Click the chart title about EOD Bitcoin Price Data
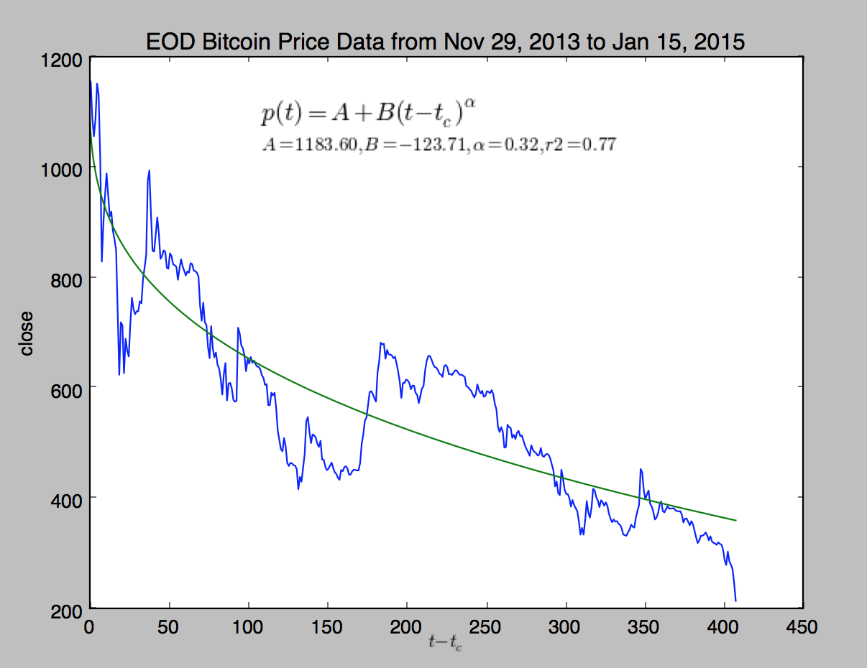tap(445, 42)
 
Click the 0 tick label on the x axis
tap(90, 626)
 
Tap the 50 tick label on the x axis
tap(169, 626)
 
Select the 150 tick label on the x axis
tap(328, 626)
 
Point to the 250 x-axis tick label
tap(487, 626)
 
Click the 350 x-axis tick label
tap(645, 626)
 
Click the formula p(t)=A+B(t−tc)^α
tap(369, 113)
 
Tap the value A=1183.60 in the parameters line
tap(309, 145)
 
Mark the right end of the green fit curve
tap(735, 520)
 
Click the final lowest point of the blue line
tap(736, 600)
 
